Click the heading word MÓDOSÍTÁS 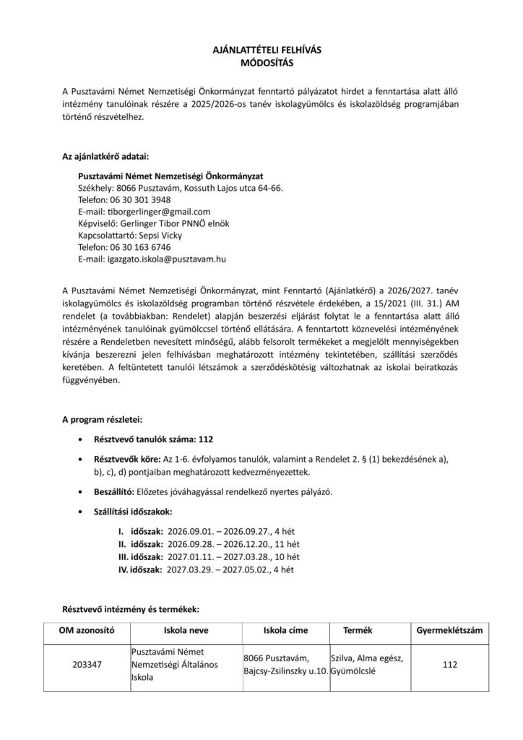click(x=261, y=63)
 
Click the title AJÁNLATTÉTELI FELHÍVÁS click(x=261, y=51)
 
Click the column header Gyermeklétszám click(x=450, y=630)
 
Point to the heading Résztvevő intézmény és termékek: click(x=129, y=609)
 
